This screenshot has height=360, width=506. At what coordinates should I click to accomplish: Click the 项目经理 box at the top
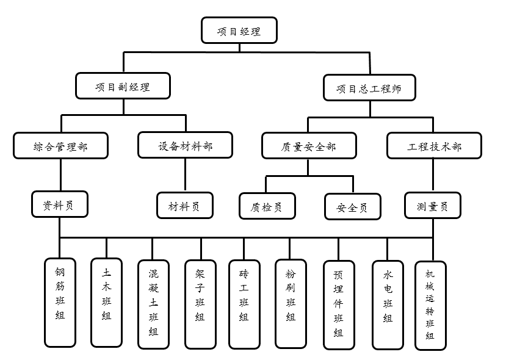click(239, 31)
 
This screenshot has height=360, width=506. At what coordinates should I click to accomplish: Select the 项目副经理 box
click(123, 86)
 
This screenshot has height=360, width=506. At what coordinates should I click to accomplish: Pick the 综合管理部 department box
click(60, 146)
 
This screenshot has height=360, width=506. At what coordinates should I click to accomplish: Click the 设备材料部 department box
click(186, 146)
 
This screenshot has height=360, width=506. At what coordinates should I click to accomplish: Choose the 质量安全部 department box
click(309, 146)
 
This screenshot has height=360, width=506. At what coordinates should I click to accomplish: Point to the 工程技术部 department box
click(434, 146)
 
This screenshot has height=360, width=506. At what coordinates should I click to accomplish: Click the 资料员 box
click(59, 204)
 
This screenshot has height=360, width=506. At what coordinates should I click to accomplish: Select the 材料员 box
click(185, 206)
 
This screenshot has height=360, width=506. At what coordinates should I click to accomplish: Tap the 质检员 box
click(267, 206)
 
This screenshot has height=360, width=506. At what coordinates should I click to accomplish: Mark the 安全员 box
click(352, 207)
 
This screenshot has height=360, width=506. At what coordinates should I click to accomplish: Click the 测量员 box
click(432, 206)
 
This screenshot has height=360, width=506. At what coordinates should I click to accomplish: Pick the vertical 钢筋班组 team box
click(60, 301)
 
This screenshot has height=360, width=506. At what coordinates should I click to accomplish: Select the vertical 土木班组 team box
click(106, 301)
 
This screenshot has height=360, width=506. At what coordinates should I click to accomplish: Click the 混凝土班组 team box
click(153, 304)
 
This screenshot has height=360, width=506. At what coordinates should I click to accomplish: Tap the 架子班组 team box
click(200, 304)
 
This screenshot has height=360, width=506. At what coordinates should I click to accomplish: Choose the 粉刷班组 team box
click(291, 303)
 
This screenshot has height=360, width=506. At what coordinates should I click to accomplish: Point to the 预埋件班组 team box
click(338, 304)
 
